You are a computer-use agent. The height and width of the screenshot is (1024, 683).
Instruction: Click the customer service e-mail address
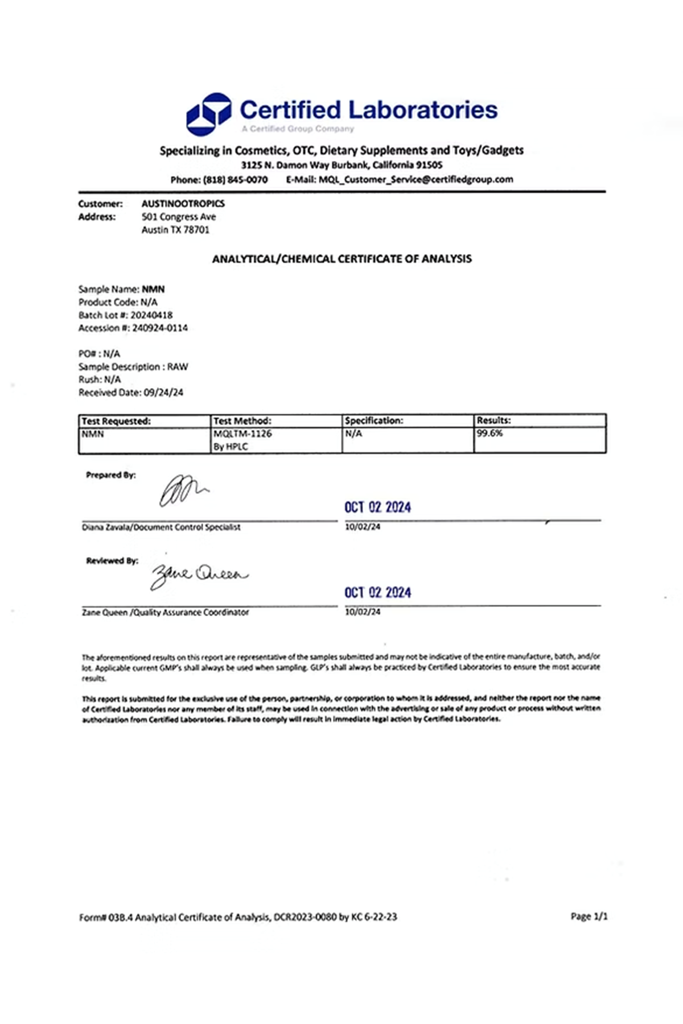click(x=415, y=180)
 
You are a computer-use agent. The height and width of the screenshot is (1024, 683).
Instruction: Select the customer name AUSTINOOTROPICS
click(x=183, y=204)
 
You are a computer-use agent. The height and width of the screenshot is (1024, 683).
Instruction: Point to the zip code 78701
click(x=196, y=230)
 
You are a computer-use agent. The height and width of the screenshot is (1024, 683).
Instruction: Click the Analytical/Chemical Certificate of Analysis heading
click(x=341, y=259)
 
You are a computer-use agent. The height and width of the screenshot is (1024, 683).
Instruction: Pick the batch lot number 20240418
click(x=151, y=315)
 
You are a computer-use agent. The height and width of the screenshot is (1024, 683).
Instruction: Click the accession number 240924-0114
click(x=159, y=328)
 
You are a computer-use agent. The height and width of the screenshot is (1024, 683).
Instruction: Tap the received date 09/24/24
click(x=163, y=393)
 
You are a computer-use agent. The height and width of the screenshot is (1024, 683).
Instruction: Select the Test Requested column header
click(x=116, y=421)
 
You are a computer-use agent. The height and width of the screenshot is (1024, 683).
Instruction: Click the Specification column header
click(x=373, y=421)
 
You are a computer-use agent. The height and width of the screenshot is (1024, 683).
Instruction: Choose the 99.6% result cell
click(x=489, y=433)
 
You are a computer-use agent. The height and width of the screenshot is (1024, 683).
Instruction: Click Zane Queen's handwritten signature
click(x=198, y=575)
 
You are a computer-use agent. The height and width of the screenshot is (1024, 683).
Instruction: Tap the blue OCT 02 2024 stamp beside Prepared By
click(x=377, y=507)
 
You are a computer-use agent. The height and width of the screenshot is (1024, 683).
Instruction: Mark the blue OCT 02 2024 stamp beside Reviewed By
click(x=377, y=592)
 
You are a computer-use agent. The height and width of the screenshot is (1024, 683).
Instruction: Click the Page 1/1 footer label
click(x=589, y=916)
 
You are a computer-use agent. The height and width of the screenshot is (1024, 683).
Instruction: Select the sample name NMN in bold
click(x=153, y=289)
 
